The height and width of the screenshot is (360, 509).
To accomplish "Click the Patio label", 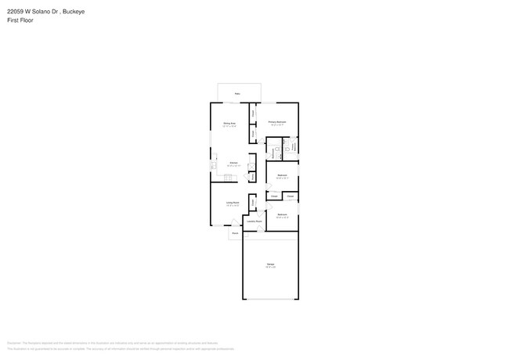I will tap(238, 92).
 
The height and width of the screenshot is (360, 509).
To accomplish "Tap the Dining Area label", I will tap(229, 124).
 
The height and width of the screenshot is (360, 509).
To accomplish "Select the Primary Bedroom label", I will tap(277, 122).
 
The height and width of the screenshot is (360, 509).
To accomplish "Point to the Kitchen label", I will tap(233, 163).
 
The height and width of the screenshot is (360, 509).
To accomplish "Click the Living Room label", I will tap(233, 202).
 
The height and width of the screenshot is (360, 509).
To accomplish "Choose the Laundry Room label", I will tap(254, 221).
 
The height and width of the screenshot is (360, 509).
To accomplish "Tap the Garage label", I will tap(270, 265).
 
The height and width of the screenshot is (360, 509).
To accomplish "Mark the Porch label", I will tap(234, 233).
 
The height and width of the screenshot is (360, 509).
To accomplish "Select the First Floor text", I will tap(20, 20).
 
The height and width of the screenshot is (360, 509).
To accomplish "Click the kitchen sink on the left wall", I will tap(212, 166).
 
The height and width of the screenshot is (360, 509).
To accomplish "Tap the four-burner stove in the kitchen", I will tap(228, 179).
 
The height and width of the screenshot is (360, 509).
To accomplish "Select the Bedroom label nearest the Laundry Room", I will tap(282, 214).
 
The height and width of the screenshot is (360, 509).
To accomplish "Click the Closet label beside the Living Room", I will tap(253, 202).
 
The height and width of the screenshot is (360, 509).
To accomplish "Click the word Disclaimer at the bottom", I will tap(14, 343).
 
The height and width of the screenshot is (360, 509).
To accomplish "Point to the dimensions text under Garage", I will tap(270, 268).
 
